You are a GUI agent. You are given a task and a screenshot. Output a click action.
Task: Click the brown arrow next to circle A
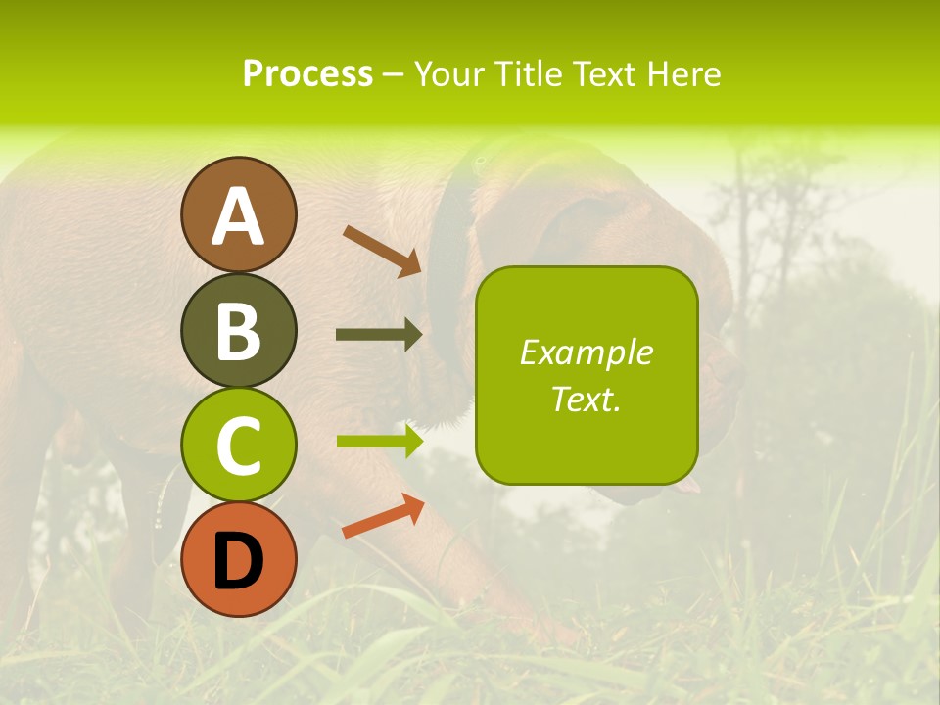[382, 251]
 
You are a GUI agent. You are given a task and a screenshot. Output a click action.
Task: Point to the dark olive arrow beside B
[379, 335]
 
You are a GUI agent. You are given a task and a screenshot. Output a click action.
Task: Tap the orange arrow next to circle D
[383, 516]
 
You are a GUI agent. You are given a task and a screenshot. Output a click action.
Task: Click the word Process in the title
[307, 74]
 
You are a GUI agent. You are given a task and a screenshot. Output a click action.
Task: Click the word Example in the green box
[587, 352]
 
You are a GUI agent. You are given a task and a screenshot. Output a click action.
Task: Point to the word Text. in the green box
[587, 399]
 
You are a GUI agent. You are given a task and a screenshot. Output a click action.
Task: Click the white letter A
[239, 217]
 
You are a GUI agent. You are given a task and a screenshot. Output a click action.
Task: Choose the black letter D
[239, 561]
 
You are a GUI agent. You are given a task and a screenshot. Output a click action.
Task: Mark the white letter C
[239, 446]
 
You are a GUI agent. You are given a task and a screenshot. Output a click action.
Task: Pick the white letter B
[239, 332]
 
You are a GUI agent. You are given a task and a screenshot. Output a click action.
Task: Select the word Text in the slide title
[605, 74]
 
